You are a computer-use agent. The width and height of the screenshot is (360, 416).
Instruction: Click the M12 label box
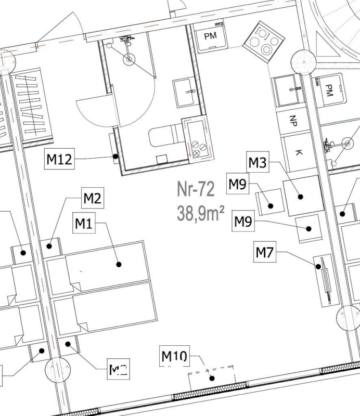pyautogui.click(x=59, y=159)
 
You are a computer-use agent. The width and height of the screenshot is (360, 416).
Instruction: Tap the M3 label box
pyautogui.click(x=257, y=163)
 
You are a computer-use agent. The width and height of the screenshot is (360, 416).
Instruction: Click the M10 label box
pyautogui.click(x=174, y=357)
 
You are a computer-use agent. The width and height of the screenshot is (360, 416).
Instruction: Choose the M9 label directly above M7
pyautogui.click(x=243, y=222)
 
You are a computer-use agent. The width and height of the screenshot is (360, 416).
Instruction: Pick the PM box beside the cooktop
pyautogui.click(x=210, y=36)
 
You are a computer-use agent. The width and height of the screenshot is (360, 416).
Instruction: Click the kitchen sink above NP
pyautogui.click(x=289, y=92)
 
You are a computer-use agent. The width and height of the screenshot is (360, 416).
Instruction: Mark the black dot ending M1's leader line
pyautogui.click(x=119, y=264)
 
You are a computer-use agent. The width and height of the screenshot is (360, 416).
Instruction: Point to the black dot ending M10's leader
pyautogui.click(x=211, y=378)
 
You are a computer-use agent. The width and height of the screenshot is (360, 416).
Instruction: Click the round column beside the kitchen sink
pyautogui.click(x=304, y=62)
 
